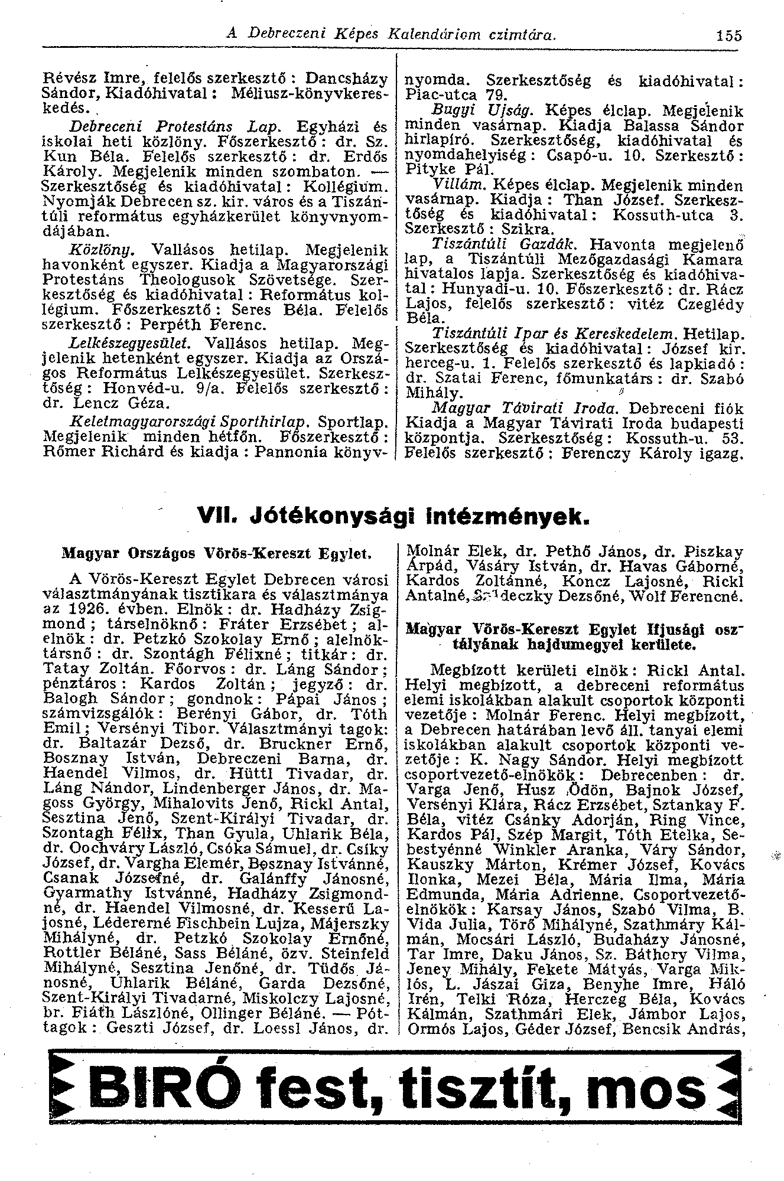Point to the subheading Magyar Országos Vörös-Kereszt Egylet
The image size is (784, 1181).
coord(217,555)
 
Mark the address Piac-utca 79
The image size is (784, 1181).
coord(457,95)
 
